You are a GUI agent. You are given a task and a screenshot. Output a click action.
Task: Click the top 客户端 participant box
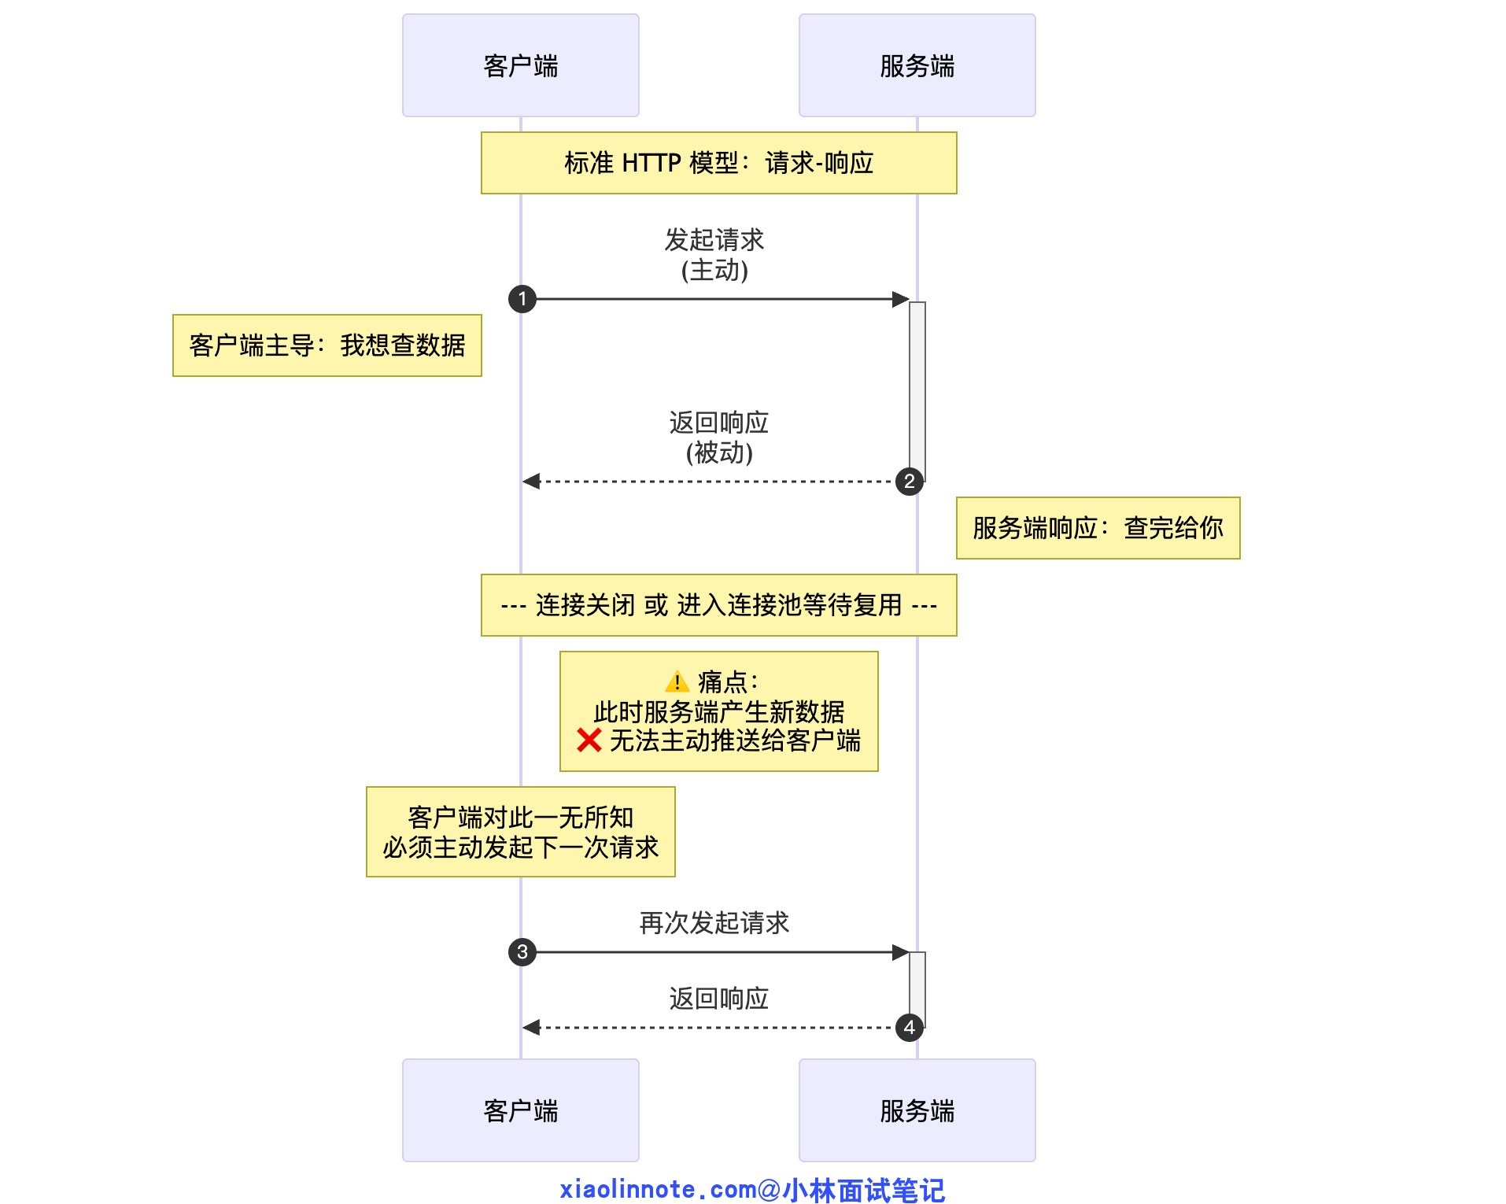(x=520, y=65)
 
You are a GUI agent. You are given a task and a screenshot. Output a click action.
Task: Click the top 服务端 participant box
(x=917, y=65)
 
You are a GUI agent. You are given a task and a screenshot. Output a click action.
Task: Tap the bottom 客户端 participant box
(x=520, y=1110)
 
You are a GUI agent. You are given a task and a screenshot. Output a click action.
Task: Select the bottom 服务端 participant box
(x=917, y=1110)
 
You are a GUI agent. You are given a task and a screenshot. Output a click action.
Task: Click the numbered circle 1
(x=522, y=299)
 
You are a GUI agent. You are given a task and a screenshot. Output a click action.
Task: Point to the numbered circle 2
(x=910, y=482)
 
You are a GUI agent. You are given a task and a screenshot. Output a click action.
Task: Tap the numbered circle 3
(x=522, y=952)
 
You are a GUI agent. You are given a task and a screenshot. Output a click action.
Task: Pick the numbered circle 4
(x=910, y=1028)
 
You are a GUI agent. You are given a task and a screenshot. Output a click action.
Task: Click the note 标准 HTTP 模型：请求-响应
(x=718, y=163)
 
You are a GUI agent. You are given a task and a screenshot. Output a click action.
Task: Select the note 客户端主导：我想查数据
(x=327, y=345)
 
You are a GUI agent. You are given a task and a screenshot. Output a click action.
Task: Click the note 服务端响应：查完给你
(x=1098, y=528)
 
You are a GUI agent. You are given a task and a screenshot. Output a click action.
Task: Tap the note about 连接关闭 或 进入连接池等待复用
(x=718, y=605)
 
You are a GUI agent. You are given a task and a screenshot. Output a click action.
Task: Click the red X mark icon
(x=589, y=740)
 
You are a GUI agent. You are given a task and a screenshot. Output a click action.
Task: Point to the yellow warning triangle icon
(x=677, y=681)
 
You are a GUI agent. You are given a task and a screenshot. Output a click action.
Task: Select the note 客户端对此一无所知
(x=520, y=832)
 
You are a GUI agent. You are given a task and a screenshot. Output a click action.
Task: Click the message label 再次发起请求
(x=714, y=922)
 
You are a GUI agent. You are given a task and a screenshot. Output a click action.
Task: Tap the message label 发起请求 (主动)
(x=714, y=254)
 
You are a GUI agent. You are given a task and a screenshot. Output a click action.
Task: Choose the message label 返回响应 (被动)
(x=718, y=438)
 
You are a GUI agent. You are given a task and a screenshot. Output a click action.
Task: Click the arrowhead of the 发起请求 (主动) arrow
(x=900, y=299)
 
